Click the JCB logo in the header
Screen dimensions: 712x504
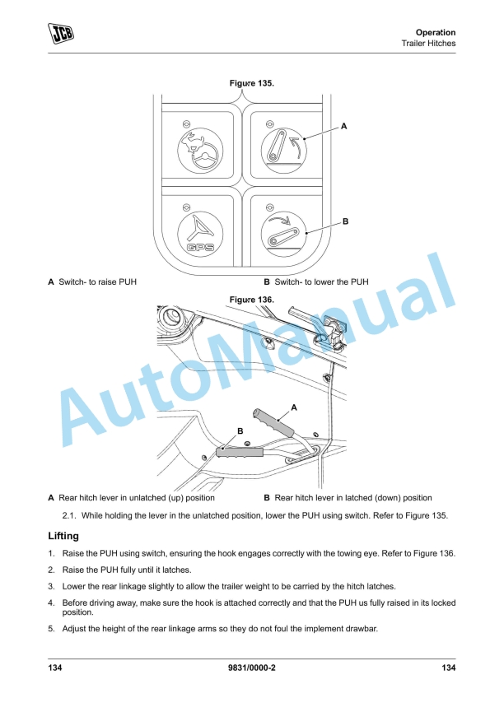tap(60, 33)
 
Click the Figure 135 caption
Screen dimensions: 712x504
tap(252, 83)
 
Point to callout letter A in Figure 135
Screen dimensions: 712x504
tap(344, 126)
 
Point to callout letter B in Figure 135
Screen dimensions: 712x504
tap(345, 222)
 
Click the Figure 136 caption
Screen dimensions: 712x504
tap(252, 300)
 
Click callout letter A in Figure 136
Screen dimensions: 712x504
tap(294, 407)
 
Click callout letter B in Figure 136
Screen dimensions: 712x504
tap(240, 430)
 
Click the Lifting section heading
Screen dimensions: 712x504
tap(63, 536)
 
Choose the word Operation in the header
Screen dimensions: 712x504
tap(436, 32)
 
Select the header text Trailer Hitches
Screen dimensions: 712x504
tap(428, 43)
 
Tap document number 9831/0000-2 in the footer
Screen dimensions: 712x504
tap(252, 668)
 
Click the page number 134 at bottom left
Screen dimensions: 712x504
tap(56, 668)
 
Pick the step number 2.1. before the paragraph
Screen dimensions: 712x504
tap(70, 516)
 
